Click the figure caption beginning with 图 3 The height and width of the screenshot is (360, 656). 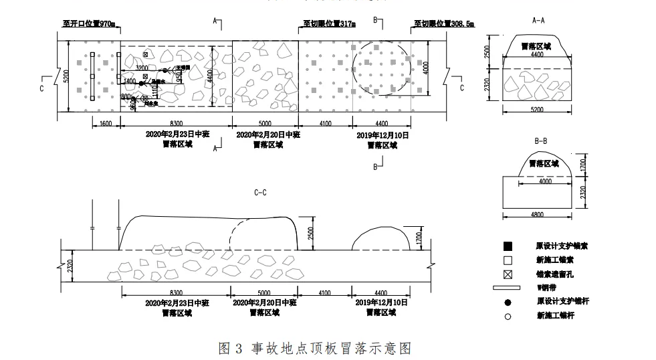tap(314, 348)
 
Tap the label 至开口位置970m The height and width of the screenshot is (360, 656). tap(90, 25)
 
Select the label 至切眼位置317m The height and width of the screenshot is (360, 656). tap(329, 25)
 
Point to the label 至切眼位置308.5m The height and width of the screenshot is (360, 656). tap(444, 25)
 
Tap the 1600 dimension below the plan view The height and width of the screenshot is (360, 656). tap(106, 124)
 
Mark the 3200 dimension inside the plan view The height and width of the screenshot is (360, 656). tap(142, 68)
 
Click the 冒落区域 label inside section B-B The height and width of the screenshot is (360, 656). tap(541, 163)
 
